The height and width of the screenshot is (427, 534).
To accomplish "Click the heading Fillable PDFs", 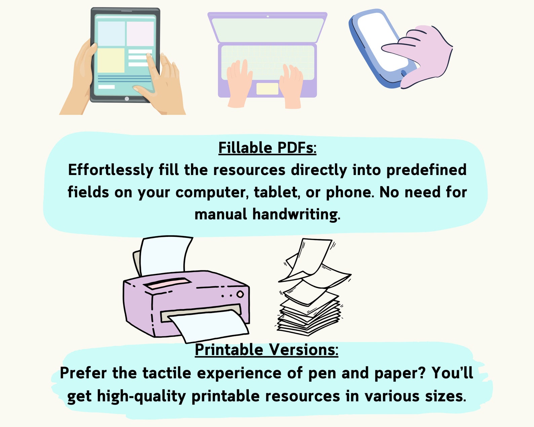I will [x=267, y=148].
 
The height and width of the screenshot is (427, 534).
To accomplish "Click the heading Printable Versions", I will [x=266, y=350].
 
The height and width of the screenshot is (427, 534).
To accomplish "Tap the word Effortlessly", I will [x=111, y=170].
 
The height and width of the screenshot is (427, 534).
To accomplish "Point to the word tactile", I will [x=167, y=373].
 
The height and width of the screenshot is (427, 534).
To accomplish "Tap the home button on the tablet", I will [x=127, y=99].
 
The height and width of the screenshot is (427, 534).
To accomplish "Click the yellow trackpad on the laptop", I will [x=267, y=89].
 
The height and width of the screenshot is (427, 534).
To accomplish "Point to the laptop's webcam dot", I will [x=268, y=16].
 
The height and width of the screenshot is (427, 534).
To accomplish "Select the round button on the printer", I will [x=240, y=294].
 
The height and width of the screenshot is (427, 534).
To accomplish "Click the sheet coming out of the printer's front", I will [x=208, y=326].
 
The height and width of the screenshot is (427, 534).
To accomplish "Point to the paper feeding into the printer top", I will [x=165, y=255].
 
